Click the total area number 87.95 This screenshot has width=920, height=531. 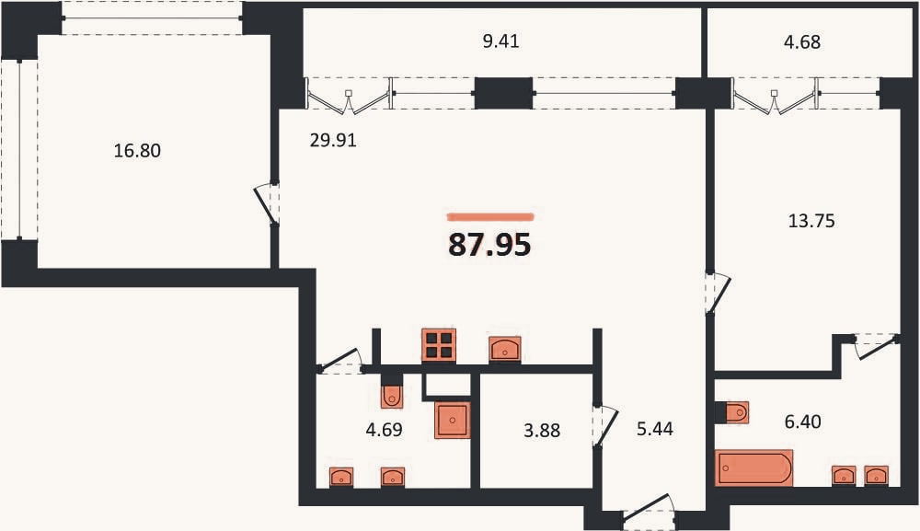pos(489,245)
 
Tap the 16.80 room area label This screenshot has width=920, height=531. pos(137,151)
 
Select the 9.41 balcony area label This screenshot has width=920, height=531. pos(500,41)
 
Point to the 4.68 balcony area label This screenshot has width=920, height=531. pos(802,42)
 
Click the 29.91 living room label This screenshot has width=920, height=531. pos(333,141)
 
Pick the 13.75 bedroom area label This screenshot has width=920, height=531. pos(811,221)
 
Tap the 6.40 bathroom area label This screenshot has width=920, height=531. pos(802,421)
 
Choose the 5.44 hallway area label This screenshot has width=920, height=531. pos(655,429)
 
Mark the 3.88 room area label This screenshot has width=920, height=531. pos(542,431)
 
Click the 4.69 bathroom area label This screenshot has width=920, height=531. pos(384,430)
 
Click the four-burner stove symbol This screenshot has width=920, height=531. pos(438,345)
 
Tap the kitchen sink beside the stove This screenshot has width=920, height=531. pos(504,349)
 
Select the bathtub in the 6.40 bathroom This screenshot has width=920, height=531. pos(754,468)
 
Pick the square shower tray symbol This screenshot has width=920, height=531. pos(453,420)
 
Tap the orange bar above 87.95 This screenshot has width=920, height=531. pos(490,217)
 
